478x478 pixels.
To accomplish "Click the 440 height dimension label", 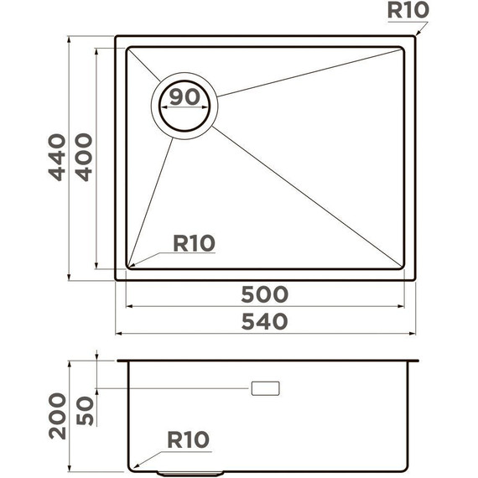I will click(x=56, y=157).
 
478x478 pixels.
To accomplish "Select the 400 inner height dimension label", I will click(x=84, y=157).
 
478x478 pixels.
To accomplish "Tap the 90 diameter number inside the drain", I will click(x=184, y=96).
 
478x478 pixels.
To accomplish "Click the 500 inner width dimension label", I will click(x=264, y=294).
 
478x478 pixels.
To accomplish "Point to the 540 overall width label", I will click(x=264, y=321).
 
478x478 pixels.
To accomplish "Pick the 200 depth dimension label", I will click(x=56, y=415).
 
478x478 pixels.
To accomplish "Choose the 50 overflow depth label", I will click(x=85, y=409).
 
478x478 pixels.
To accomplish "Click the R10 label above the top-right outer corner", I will click(x=408, y=11).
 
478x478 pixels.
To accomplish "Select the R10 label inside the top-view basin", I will click(x=194, y=243).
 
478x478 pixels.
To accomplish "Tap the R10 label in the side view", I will click(x=187, y=439).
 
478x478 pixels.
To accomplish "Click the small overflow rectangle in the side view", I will click(x=265, y=388).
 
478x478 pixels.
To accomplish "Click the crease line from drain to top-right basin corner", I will click(x=310, y=72).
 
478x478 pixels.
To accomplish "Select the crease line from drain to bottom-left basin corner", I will click(x=151, y=201).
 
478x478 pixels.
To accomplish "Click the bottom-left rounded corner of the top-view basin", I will click(x=128, y=266).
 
